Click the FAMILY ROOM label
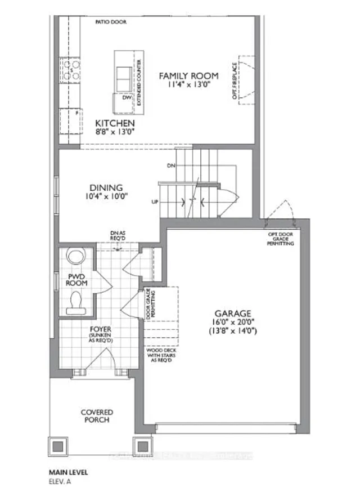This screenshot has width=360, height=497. click(187, 75)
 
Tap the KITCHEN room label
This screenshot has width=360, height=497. click(115, 123)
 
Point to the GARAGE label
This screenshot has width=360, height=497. click(232, 314)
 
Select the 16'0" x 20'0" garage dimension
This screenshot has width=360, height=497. click(232, 323)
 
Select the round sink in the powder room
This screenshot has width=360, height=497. click(74, 256)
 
